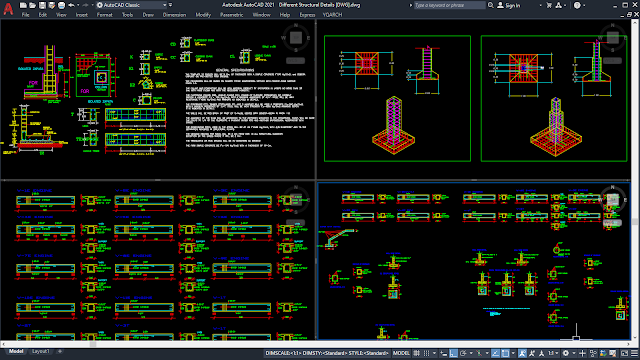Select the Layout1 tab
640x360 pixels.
click(40, 353)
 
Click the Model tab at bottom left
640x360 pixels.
click(13, 353)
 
